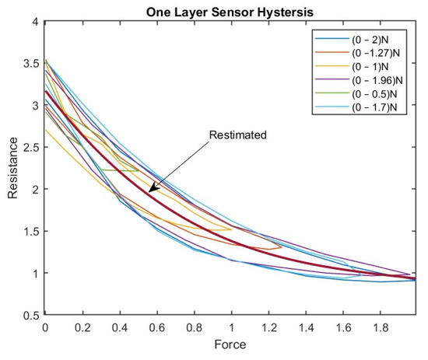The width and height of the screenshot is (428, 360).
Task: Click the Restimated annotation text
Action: pyautogui.click(x=237, y=135)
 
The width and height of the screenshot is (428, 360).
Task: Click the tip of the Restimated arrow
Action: pyautogui.click(x=149, y=190)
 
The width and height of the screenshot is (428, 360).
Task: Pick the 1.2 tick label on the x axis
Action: pyautogui.click(x=268, y=329)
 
